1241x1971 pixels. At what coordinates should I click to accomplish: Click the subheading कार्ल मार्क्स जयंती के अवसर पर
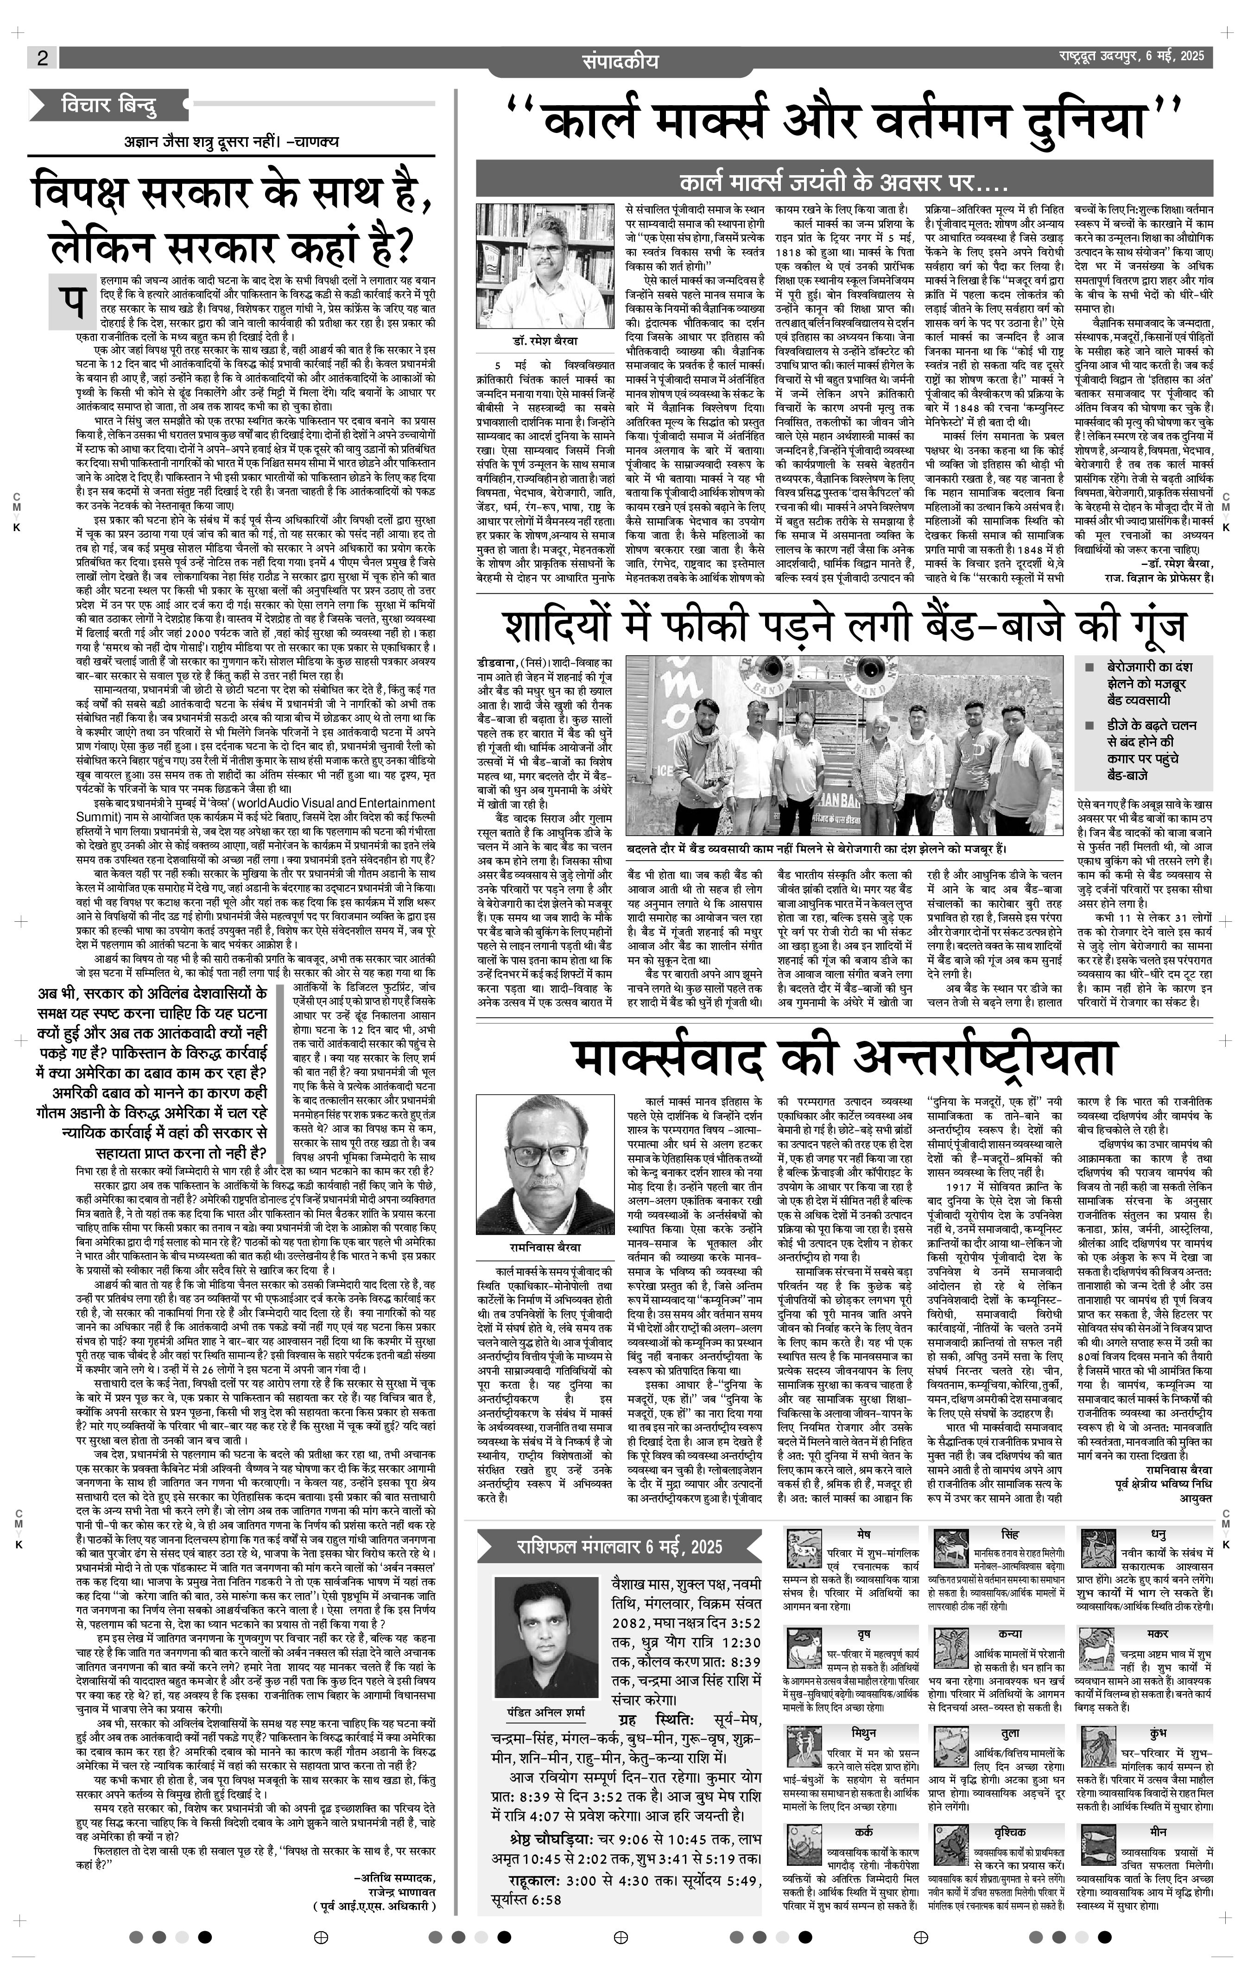[x=842, y=181]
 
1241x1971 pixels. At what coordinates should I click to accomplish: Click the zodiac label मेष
[x=864, y=1533]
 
